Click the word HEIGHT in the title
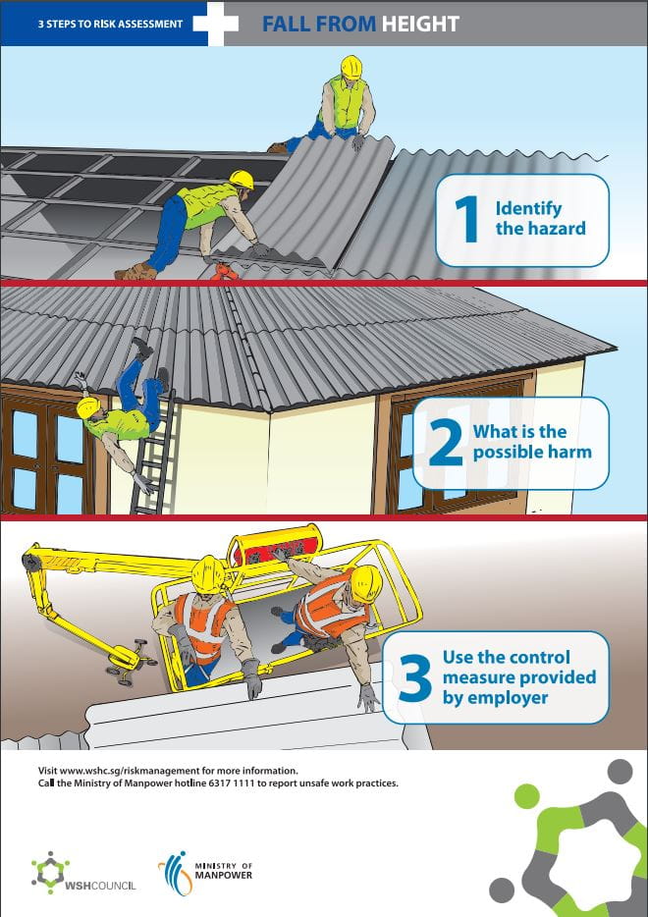(x=420, y=24)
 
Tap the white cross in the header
(x=216, y=24)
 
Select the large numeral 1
(x=466, y=219)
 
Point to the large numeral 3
(x=415, y=678)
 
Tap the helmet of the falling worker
(x=87, y=408)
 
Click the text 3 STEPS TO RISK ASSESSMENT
(x=111, y=24)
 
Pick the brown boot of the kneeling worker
(x=135, y=271)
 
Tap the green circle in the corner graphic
(x=527, y=796)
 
